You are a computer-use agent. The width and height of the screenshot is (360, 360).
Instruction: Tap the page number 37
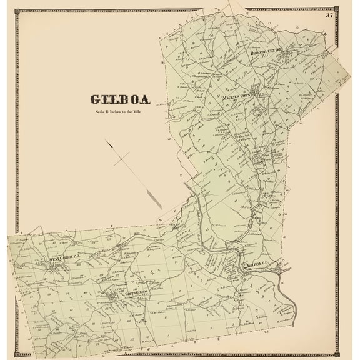329,16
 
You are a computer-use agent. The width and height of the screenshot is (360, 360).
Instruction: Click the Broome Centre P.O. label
267,54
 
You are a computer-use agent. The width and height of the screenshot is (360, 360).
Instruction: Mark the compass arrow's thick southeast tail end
161,207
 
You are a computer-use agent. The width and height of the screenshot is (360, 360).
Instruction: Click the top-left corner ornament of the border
18,9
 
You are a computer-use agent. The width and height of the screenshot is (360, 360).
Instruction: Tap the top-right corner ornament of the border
337,9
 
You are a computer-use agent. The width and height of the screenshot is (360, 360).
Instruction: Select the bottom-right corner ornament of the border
337,354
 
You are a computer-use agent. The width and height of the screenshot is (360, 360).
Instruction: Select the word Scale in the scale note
100,112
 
